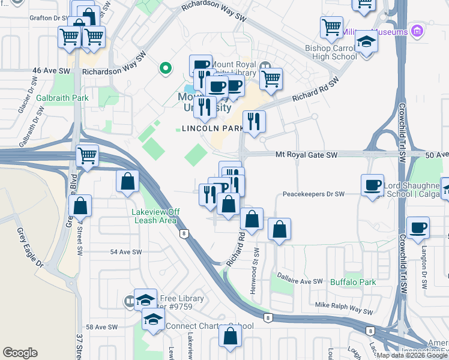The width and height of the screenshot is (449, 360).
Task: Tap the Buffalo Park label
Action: click(353, 282)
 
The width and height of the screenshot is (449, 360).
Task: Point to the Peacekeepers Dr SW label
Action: click(313, 194)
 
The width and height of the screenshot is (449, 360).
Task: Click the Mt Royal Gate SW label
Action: click(307, 155)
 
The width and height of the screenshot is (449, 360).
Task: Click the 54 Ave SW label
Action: click(126, 252)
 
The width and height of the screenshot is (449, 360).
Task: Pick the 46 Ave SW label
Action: click(52, 71)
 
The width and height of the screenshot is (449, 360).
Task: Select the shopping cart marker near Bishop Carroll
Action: click(331, 28)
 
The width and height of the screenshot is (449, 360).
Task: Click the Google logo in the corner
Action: click(20, 353)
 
